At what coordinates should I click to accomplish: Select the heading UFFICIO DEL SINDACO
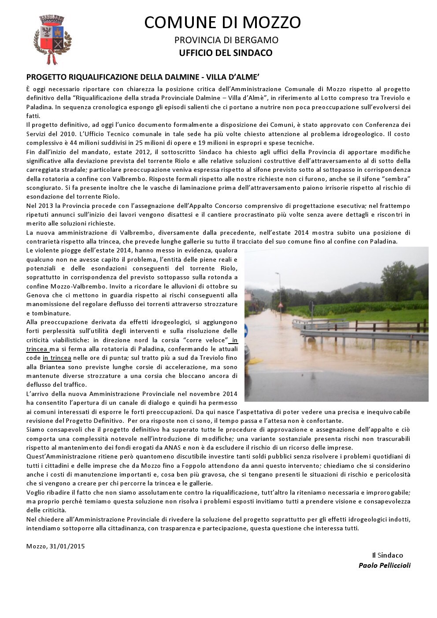(226, 53)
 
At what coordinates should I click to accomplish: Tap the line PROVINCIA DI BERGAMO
(226, 40)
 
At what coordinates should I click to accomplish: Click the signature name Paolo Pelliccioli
(384, 565)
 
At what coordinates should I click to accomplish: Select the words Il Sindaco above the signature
(387, 555)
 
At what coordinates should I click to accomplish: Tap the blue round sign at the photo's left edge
(247, 331)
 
